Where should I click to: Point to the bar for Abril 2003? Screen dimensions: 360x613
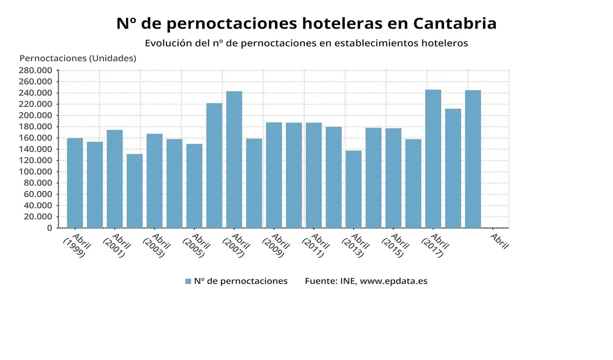pos(154,180)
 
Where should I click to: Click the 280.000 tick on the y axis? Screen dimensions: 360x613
pos(35,70)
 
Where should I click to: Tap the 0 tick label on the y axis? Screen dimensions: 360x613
pos(49,228)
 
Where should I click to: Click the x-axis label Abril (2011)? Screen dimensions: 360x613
pos(315,245)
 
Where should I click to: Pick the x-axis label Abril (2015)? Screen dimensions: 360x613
pos(394,245)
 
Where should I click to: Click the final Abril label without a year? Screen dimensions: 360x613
pos(499,241)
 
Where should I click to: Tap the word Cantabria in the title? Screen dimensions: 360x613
pos(455,23)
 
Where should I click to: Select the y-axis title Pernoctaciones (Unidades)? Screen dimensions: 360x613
pos(77,58)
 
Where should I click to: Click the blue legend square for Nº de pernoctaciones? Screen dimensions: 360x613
pos(188,281)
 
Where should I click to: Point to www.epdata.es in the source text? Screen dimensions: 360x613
pos(393,281)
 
